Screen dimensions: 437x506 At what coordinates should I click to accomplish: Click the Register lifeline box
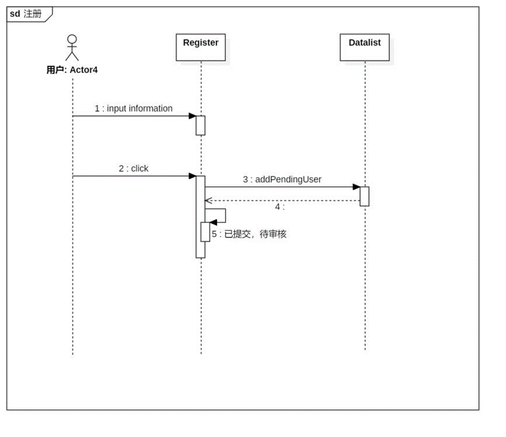point(201,47)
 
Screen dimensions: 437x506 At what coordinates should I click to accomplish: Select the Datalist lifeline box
point(364,47)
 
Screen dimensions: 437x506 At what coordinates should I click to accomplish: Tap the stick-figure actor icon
point(72,48)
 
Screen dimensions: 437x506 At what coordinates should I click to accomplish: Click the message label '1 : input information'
point(133,109)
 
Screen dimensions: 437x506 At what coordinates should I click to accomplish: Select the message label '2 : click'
point(133,169)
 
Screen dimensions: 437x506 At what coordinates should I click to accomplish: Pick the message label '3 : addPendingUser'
point(282,180)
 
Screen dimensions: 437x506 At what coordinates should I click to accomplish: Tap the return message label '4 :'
point(280,207)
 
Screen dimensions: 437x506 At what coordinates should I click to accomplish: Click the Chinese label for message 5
point(249,234)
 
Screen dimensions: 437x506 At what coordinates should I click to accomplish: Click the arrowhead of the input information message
point(192,116)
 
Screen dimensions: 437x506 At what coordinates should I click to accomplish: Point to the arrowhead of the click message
point(192,176)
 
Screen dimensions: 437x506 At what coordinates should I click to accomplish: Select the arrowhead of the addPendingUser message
point(356,187)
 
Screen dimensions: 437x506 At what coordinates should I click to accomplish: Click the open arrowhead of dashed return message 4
point(207,200)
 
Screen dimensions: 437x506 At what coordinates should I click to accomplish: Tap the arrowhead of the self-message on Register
point(214,222)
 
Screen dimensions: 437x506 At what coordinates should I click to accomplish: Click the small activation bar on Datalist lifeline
point(364,196)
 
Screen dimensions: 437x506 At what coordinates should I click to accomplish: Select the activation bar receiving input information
point(200,126)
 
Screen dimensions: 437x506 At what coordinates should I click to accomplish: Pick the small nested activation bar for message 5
point(205,232)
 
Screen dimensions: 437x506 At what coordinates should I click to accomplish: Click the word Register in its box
point(201,43)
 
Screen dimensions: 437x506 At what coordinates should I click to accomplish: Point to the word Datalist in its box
point(364,43)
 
